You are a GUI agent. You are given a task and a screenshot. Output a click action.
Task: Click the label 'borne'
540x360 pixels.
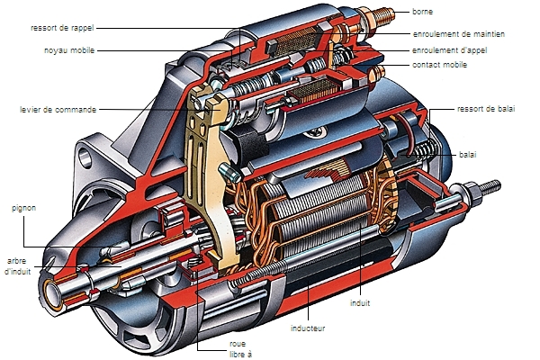[424, 11]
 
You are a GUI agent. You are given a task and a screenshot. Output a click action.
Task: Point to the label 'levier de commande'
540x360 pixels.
[59, 109]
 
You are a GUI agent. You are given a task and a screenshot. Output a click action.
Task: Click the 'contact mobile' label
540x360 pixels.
[441, 66]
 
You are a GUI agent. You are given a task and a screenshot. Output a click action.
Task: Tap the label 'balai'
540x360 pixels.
[468, 155]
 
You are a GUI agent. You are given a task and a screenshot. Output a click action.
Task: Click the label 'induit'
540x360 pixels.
[362, 303]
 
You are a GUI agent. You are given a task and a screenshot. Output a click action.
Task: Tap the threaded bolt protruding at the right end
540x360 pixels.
[486, 188]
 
